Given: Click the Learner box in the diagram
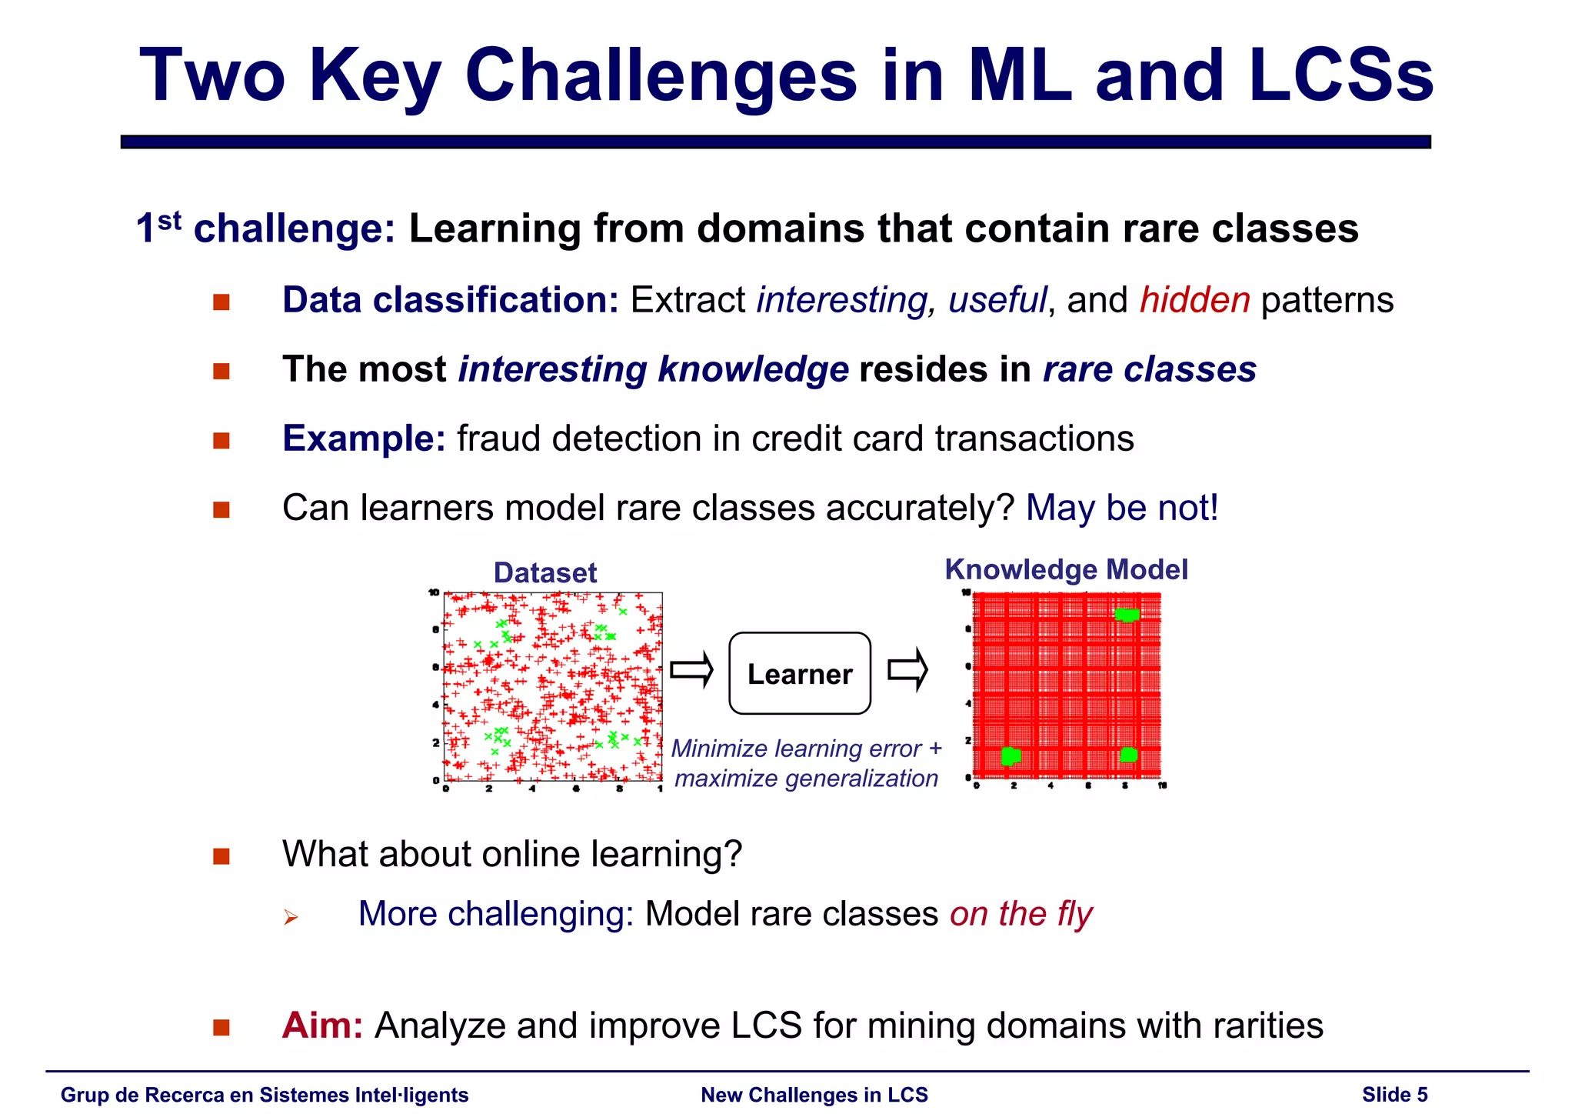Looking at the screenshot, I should (799, 673).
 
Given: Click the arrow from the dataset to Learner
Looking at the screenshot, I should (691, 671).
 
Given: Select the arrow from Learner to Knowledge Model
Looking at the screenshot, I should (908, 670).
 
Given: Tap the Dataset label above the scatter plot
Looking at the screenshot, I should (544, 572).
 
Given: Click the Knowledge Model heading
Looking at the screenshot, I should (1066, 569).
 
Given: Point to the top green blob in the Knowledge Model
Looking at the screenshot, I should (1127, 614).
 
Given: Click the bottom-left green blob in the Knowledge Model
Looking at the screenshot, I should (1011, 755).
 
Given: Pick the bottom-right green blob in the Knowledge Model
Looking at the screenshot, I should (1128, 754).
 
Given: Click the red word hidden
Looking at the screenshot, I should (1194, 300).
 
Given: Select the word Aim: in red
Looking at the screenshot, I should (322, 1026).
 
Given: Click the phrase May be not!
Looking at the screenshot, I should (1122, 508).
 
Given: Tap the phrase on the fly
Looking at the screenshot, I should (1021, 914).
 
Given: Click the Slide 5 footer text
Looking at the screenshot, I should (1394, 1095).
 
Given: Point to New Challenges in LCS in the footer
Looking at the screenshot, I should (814, 1095).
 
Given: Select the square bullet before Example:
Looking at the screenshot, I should (221, 440).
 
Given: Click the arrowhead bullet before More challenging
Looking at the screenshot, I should (290, 916).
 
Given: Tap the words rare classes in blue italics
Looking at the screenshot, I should (1149, 369).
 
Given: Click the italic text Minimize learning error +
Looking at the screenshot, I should (806, 748).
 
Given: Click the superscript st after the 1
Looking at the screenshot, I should (170, 221).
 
